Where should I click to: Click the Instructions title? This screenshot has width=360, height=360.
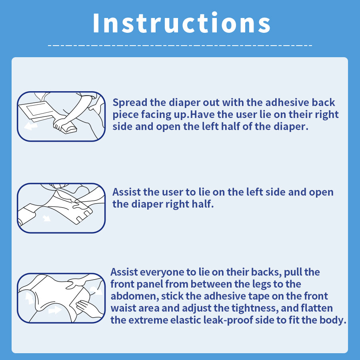click(x=182, y=23)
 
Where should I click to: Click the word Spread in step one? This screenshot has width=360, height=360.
click(x=130, y=103)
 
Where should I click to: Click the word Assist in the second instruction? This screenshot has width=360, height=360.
click(x=126, y=192)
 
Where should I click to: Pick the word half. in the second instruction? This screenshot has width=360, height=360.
click(x=204, y=204)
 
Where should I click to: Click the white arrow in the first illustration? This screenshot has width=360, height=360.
click(x=31, y=126)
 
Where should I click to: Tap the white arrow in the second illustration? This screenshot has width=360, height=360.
click(x=47, y=218)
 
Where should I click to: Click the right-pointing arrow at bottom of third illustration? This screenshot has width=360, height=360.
click(x=55, y=310)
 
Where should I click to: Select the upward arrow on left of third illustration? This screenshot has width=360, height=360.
click(x=30, y=298)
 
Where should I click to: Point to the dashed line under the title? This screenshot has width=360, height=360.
click(x=180, y=46)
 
